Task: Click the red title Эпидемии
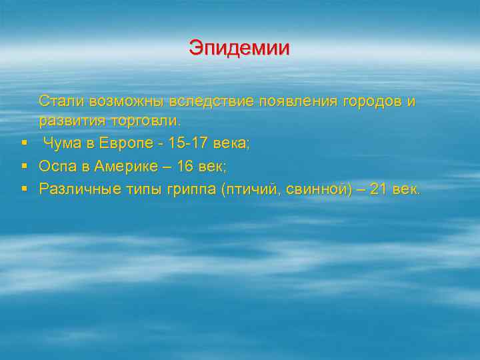tap(239, 48)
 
